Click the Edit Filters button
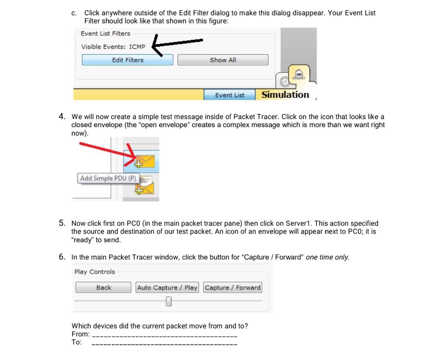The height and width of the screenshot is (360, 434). click(x=127, y=60)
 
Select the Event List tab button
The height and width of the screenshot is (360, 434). click(x=229, y=95)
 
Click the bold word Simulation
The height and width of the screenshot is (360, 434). click(x=285, y=95)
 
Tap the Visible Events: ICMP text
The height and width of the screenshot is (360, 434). click(x=113, y=47)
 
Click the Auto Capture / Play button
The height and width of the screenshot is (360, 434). click(x=167, y=288)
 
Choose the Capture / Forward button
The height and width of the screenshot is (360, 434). click(x=233, y=288)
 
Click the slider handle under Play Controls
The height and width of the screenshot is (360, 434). click(x=169, y=301)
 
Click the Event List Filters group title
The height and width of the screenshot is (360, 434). click(x=105, y=33)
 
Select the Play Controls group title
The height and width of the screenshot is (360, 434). click(x=94, y=272)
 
